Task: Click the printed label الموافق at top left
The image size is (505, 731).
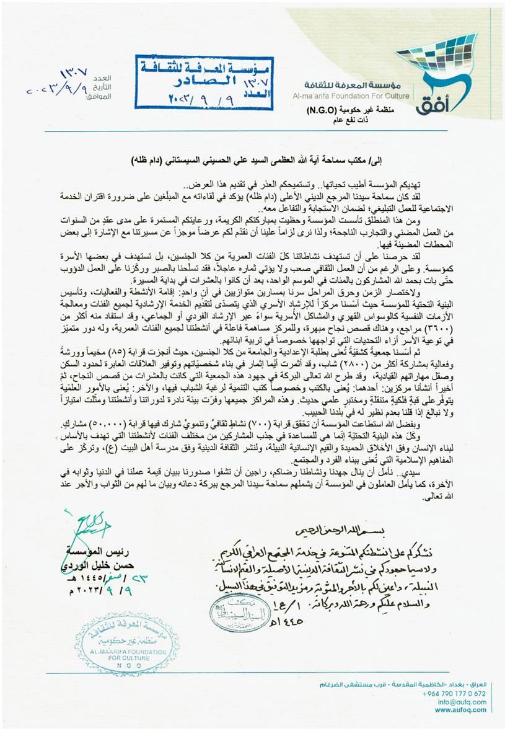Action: pyautogui.click(x=100, y=97)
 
